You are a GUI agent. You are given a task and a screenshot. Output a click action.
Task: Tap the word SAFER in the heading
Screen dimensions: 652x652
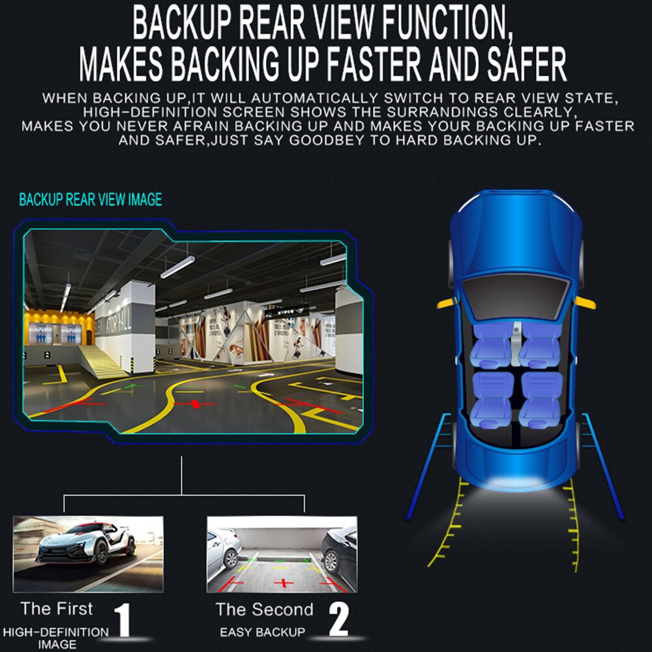click(x=527, y=64)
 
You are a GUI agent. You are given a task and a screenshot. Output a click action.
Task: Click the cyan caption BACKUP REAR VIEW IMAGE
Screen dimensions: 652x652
click(x=90, y=200)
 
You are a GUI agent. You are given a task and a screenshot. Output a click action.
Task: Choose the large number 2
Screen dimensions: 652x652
click(x=338, y=619)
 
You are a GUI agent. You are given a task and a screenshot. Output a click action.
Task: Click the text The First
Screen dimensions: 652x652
click(x=57, y=609)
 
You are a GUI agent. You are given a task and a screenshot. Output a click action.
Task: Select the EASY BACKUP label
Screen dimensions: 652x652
click(x=262, y=632)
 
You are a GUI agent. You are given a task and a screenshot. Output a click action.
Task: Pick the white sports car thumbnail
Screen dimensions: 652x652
click(x=88, y=554)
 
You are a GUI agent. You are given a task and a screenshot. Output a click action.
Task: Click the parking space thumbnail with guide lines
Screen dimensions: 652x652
click(x=282, y=554)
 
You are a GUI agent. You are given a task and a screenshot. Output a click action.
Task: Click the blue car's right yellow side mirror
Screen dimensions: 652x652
click(x=585, y=303)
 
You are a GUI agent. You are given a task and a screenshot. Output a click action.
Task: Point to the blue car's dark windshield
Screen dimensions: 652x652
click(x=516, y=297)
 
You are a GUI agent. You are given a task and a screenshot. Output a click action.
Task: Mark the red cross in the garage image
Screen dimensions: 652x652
click(x=194, y=404)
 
